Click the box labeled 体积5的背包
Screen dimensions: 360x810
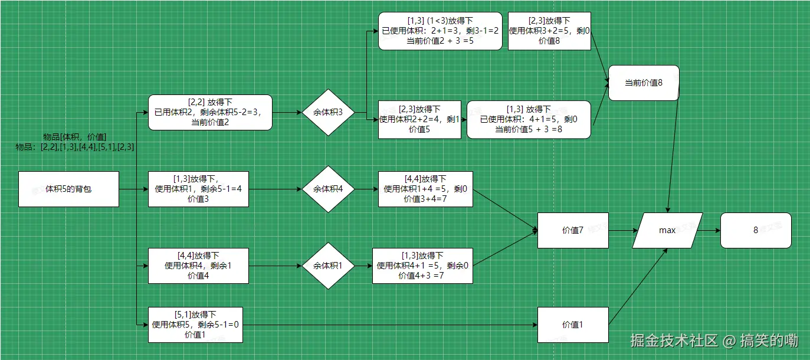(68, 189)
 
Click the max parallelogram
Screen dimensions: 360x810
(667, 230)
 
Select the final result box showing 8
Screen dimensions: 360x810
(755, 230)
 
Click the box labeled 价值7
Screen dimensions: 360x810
(572, 230)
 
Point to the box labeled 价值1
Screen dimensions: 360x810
(572, 325)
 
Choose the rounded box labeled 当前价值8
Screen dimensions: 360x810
(644, 83)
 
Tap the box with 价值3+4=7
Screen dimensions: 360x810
(425, 189)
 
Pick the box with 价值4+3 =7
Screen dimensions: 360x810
(422, 266)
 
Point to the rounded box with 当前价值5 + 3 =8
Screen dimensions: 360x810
(529, 119)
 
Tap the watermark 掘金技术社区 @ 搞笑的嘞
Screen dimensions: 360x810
(714, 341)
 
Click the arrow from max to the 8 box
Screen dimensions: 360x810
(711, 230)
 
